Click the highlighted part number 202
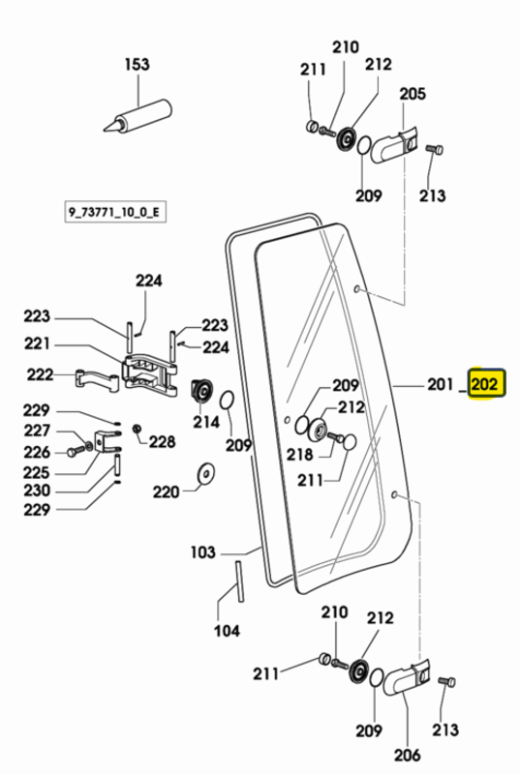coord(484,383)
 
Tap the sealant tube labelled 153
coord(138,116)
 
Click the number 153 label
coord(137,64)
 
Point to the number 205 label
coord(413,93)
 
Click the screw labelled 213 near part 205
coord(434,149)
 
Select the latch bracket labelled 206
coord(407,679)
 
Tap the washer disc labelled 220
coord(205,474)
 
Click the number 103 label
coord(203,551)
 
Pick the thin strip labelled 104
coord(239,581)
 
